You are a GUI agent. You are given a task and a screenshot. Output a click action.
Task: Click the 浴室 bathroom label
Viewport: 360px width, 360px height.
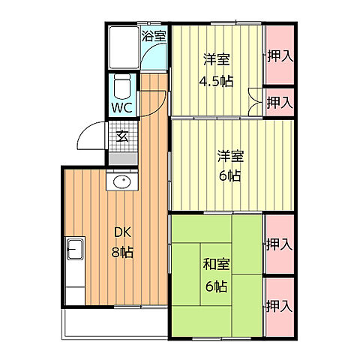[154, 36]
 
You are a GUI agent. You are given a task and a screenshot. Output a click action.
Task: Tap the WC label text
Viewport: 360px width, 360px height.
[121, 108]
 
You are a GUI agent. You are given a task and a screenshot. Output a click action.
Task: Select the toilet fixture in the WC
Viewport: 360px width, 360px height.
[122, 86]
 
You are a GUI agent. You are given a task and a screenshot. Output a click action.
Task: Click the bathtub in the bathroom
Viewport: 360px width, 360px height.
[124, 47]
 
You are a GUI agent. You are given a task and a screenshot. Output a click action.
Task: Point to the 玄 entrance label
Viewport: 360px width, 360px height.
[122, 136]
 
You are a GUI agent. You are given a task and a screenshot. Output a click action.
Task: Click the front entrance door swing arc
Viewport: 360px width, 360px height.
[86, 131]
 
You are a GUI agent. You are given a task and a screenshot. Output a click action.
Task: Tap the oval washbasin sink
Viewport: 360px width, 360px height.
[121, 181]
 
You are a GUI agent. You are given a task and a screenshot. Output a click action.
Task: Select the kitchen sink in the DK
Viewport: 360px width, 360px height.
[75, 249]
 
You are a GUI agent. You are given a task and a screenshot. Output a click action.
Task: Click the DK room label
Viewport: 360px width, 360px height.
[122, 232]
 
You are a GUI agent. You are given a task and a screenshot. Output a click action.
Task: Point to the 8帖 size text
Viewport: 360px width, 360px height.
[122, 252]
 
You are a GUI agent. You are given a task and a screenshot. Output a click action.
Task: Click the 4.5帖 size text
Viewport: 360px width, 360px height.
[216, 81]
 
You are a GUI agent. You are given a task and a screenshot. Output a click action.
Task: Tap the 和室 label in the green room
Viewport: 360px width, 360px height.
[216, 265]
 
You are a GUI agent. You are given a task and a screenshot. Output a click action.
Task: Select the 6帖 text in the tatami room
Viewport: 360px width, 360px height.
[217, 286]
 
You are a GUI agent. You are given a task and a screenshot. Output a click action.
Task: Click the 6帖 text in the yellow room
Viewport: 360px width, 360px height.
[230, 175]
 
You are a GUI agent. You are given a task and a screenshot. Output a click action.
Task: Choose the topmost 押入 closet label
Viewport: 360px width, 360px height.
[280, 56]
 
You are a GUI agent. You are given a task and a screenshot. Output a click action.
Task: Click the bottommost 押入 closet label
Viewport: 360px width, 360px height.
[279, 306]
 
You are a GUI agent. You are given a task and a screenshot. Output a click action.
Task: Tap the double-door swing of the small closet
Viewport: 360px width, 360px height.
[255, 102]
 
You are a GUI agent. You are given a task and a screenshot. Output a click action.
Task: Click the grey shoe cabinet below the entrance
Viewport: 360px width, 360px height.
[123, 159]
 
